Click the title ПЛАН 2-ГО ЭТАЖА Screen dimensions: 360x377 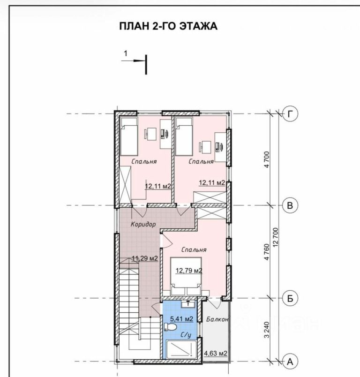coord(168,26)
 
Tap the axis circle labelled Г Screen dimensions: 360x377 coord(290,114)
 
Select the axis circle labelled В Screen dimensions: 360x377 coord(290,205)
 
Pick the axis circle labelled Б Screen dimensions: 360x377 coord(290,298)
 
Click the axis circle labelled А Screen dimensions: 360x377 coord(290,362)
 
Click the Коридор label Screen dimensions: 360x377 coord(143,224)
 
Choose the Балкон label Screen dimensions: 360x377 coord(217,319)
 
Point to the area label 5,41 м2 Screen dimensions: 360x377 coord(182,319)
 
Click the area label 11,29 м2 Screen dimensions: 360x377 coord(145,258)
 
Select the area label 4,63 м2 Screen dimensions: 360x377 coord(216,354)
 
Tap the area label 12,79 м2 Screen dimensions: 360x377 coord(189,271)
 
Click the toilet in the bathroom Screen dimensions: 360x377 coord(170,327)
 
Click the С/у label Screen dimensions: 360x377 coord(186,335)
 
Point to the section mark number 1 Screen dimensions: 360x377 coord(126,53)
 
